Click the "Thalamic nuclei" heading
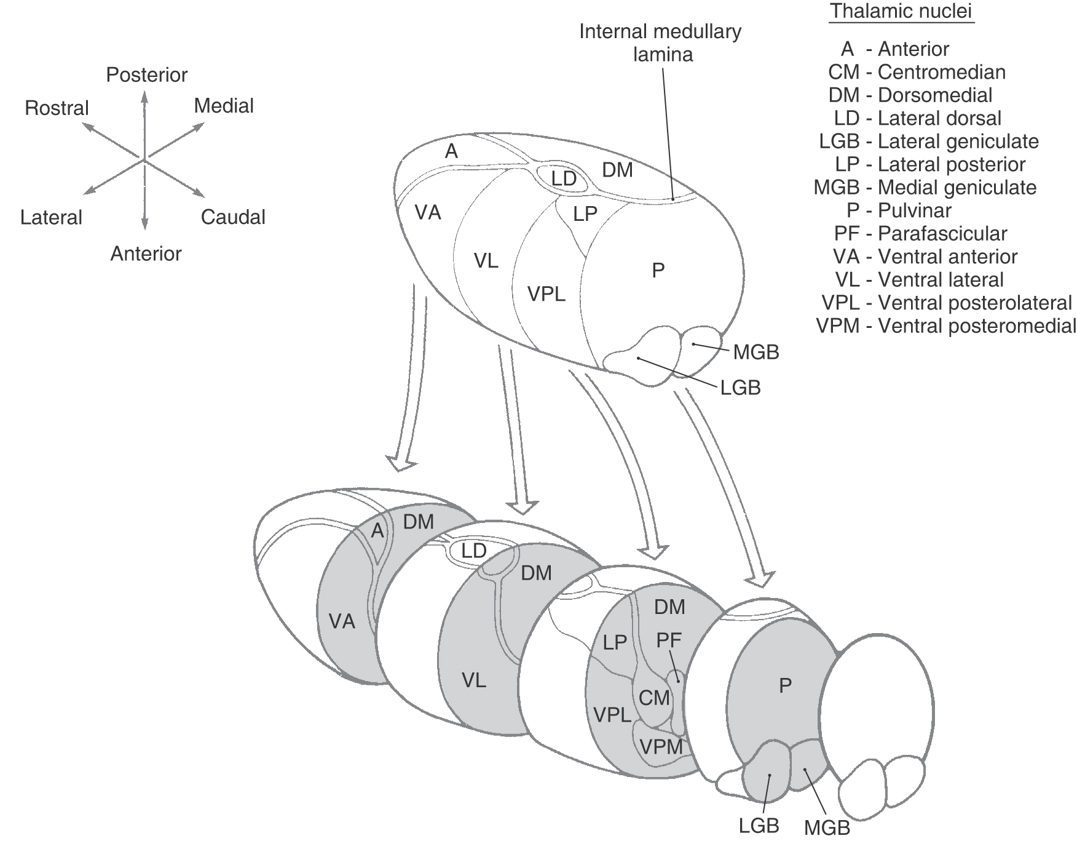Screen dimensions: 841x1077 click(901, 12)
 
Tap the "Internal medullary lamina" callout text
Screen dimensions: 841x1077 click(661, 43)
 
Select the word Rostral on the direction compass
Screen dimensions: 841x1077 click(57, 108)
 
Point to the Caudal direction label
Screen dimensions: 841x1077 click(233, 217)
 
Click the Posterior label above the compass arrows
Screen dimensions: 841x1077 click(146, 75)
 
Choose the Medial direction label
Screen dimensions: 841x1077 click(224, 106)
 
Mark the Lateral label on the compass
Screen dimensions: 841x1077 click(51, 218)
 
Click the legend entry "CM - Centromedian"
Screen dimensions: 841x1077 click(917, 72)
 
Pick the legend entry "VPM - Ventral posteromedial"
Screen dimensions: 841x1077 click(946, 326)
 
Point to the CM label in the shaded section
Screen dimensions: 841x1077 click(653, 698)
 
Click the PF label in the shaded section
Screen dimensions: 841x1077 click(669, 640)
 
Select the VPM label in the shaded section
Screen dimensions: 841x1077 click(661, 746)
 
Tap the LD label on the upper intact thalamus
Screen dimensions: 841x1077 click(563, 178)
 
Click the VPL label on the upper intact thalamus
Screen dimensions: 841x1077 click(546, 294)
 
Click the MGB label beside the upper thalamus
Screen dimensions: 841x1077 click(755, 353)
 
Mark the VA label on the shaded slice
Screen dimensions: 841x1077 click(342, 621)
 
